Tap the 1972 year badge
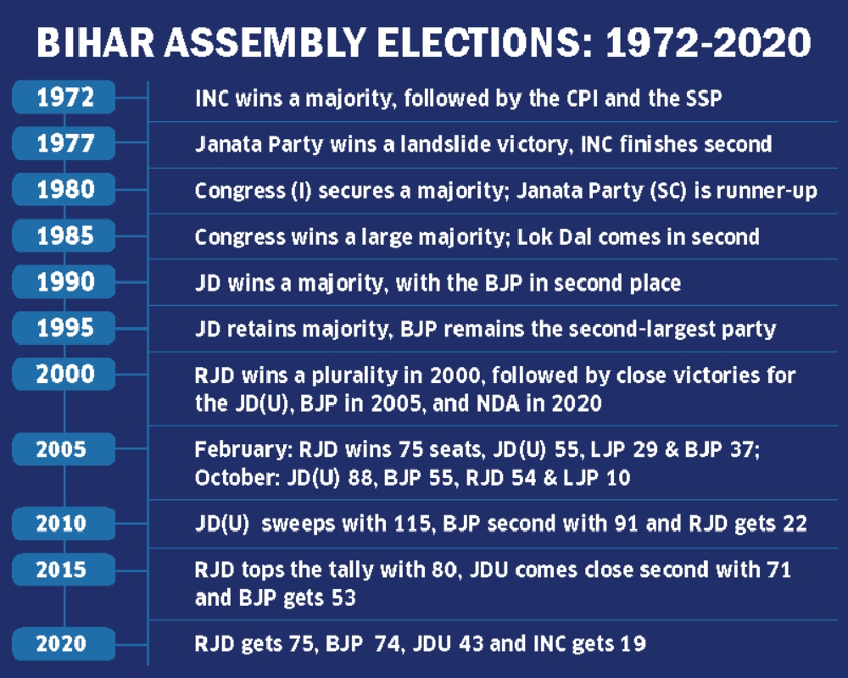tap(64, 97)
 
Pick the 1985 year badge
tap(64, 236)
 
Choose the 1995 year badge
tap(64, 328)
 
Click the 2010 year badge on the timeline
tap(64, 524)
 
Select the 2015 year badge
tap(64, 570)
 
